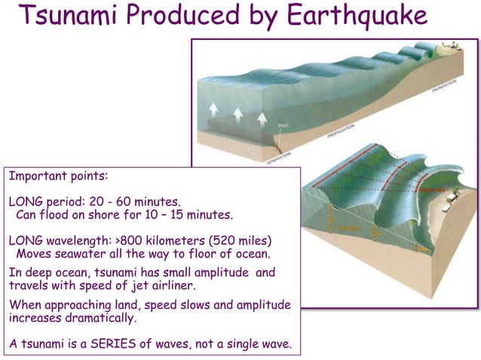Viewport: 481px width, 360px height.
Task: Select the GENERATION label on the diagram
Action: pyautogui.click(x=278, y=156)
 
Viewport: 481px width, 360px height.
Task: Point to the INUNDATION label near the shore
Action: pyautogui.click(x=445, y=89)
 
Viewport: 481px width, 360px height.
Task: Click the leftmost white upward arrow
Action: pyautogui.click(x=214, y=109)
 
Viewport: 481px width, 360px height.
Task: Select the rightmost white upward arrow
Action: pyautogui.click(x=262, y=118)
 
